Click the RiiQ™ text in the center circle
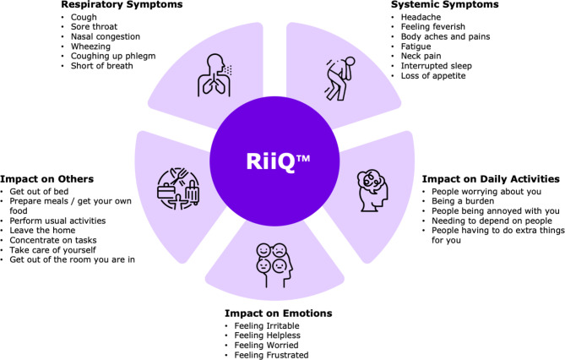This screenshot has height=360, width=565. [x=283, y=159]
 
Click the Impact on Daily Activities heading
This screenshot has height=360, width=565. [x=491, y=179]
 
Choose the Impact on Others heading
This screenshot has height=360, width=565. [x=47, y=179]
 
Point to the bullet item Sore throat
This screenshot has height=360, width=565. [x=94, y=27]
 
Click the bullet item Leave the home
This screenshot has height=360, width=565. [x=43, y=227]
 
